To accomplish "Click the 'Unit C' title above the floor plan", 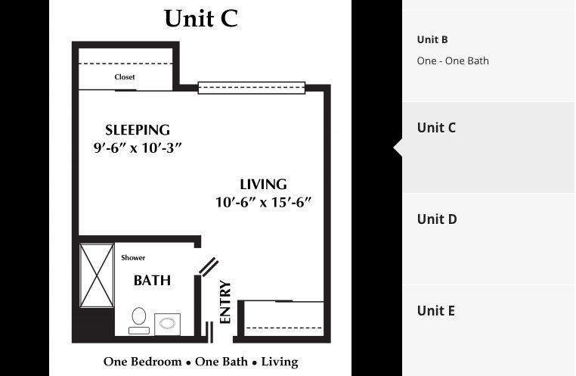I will point(200,19).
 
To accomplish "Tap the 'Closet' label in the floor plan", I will point(125,77).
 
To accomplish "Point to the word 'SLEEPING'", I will point(137,129).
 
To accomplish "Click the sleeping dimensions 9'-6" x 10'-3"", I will point(137,148).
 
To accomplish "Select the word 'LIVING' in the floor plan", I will point(263,184).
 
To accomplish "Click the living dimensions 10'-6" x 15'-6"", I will point(263,202).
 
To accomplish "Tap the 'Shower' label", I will point(133,258).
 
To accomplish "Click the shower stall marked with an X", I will point(97,275).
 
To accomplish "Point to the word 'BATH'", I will point(152,281).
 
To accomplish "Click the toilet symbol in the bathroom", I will point(139,319).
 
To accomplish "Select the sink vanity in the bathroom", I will point(167,324).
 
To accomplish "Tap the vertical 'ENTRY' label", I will point(225,303).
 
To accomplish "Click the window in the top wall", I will point(252,88).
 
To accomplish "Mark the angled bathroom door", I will point(209,266).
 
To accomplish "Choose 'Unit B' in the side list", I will point(432,40).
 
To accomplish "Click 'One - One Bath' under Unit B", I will point(453,61).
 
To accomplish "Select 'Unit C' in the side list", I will point(436,128).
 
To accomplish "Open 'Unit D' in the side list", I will point(437,219).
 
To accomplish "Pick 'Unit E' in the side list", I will point(436,311).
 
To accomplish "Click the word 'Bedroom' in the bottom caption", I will point(156,362).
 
